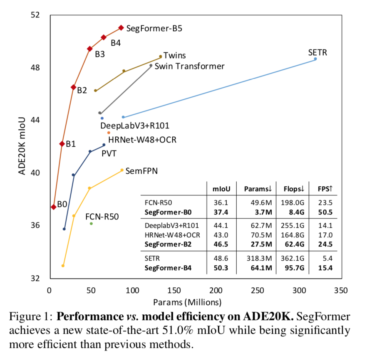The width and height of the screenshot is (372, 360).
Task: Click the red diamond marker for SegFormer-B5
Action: point(121,28)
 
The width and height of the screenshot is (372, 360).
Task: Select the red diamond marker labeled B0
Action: point(54,207)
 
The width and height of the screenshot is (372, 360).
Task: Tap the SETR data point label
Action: point(317,52)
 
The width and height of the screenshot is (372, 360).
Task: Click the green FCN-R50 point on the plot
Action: point(91,224)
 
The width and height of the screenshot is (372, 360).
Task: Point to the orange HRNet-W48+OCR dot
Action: point(109,133)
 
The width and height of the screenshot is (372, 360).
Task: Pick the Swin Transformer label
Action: point(189,66)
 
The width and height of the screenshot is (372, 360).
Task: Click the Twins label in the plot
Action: point(174,55)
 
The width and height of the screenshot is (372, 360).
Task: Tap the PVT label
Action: point(109,153)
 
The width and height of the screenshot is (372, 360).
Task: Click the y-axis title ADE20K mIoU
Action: point(22,146)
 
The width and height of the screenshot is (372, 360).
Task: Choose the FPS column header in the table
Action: point(325,189)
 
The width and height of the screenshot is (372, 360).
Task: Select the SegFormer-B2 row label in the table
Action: point(168,244)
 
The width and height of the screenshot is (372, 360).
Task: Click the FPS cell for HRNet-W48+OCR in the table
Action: point(326,235)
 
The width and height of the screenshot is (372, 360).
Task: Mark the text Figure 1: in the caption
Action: point(30,316)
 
